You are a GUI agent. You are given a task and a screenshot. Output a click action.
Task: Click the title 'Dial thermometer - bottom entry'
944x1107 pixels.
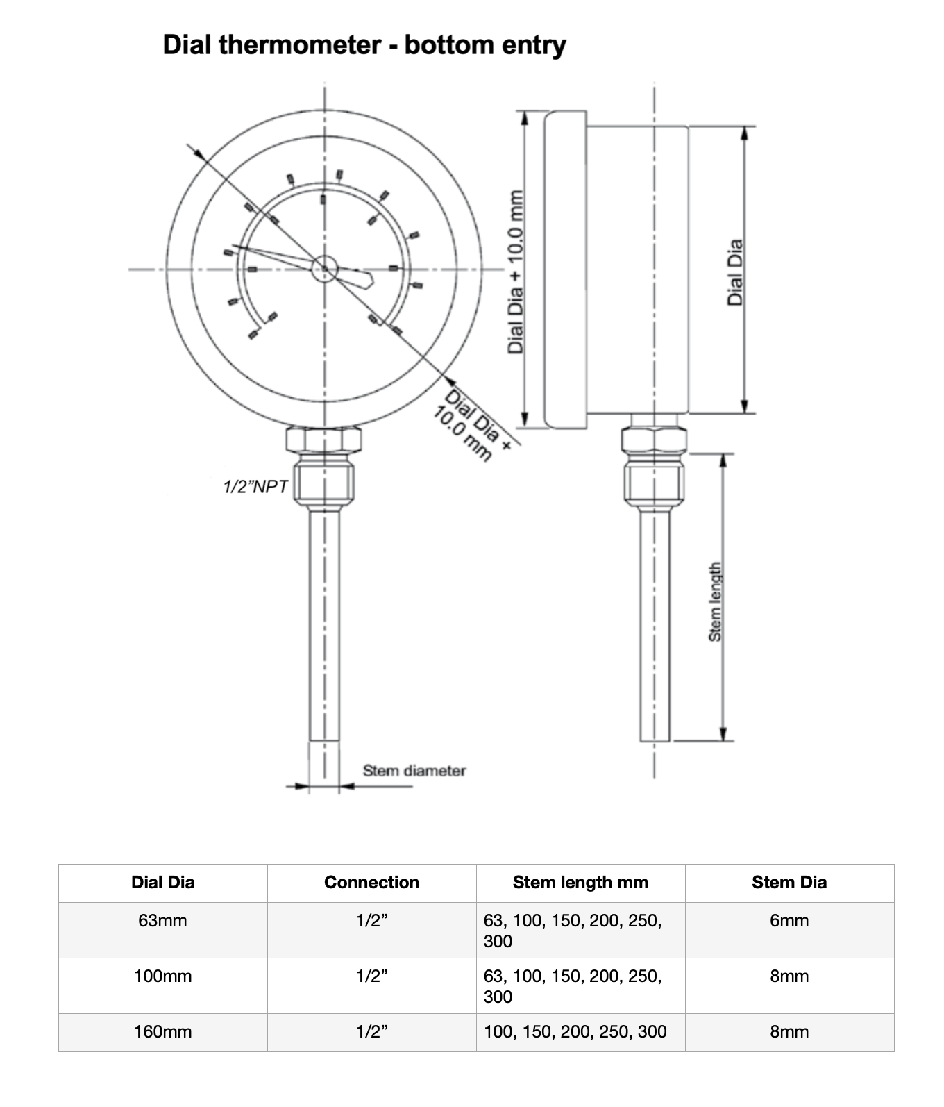[364, 45]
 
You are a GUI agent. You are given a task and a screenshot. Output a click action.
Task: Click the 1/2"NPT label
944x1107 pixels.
[255, 487]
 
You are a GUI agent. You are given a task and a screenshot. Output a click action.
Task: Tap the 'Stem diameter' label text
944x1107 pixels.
[414, 770]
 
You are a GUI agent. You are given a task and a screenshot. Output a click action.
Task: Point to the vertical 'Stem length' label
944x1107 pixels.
[714, 601]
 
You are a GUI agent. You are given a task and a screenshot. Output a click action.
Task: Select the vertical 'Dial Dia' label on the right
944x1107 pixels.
[735, 272]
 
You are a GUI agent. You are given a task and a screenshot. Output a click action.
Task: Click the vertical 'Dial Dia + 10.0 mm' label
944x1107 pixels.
[516, 272]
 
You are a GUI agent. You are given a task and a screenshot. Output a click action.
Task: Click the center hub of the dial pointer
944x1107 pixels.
[324, 269]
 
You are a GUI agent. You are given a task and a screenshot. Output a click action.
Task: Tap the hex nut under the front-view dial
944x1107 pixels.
[323, 440]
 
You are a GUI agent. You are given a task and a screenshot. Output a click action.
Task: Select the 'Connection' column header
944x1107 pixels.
[371, 883]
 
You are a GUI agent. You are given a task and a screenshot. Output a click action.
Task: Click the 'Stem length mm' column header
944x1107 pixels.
[580, 883]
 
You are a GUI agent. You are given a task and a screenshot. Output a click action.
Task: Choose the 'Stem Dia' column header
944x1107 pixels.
[789, 883]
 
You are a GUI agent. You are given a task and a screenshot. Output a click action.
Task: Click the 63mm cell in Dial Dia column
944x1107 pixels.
[162, 921]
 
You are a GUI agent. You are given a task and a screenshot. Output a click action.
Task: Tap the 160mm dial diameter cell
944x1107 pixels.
[162, 1032]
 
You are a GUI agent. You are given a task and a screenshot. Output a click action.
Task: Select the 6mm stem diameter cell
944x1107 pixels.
[789, 921]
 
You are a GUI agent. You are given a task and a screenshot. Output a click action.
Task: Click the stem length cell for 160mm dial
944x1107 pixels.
[575, 1032]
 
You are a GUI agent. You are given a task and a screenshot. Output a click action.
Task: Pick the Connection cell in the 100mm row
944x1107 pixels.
[371, 976]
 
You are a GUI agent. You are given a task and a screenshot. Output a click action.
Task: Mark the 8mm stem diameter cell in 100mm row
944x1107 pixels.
[789, 976]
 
